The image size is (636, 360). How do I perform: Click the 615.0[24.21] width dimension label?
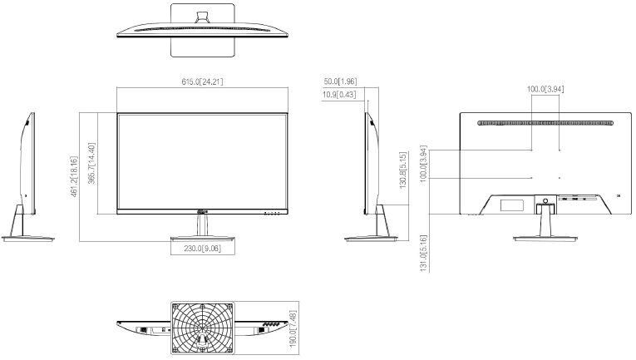pos(202,81)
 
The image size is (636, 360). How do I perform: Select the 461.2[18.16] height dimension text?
pos(75,176)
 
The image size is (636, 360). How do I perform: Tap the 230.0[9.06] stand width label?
pos(202,247)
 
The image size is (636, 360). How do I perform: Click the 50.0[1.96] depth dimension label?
pos(340,81)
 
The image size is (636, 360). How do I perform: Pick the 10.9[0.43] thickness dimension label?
pos(340,94)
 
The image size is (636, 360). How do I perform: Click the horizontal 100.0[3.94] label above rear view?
pos(545,89)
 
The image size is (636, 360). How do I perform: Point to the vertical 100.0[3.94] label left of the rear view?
pos(424,163)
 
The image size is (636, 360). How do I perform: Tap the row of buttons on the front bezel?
pos(272,213)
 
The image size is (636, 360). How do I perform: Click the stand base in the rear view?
pos(545,239)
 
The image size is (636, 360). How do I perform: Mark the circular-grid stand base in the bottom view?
pos(203,326)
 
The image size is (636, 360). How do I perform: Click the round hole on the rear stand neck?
pos(545,200)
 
